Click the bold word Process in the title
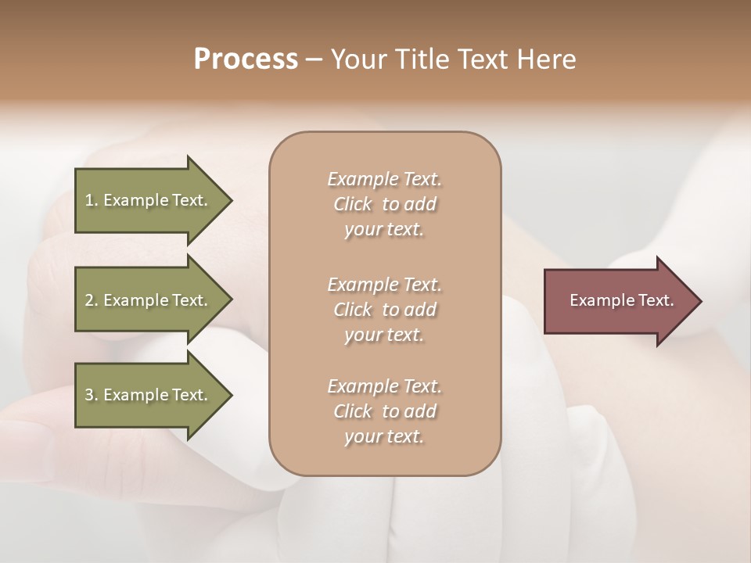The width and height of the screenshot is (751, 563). (246, 59)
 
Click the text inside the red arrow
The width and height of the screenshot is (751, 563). (621, 300)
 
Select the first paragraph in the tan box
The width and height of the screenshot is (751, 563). (384, 204)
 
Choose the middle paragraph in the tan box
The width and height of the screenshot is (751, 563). (384, 310)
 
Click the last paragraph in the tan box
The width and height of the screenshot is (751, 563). (384, 411)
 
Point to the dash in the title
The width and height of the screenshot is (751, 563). (314, 59)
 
